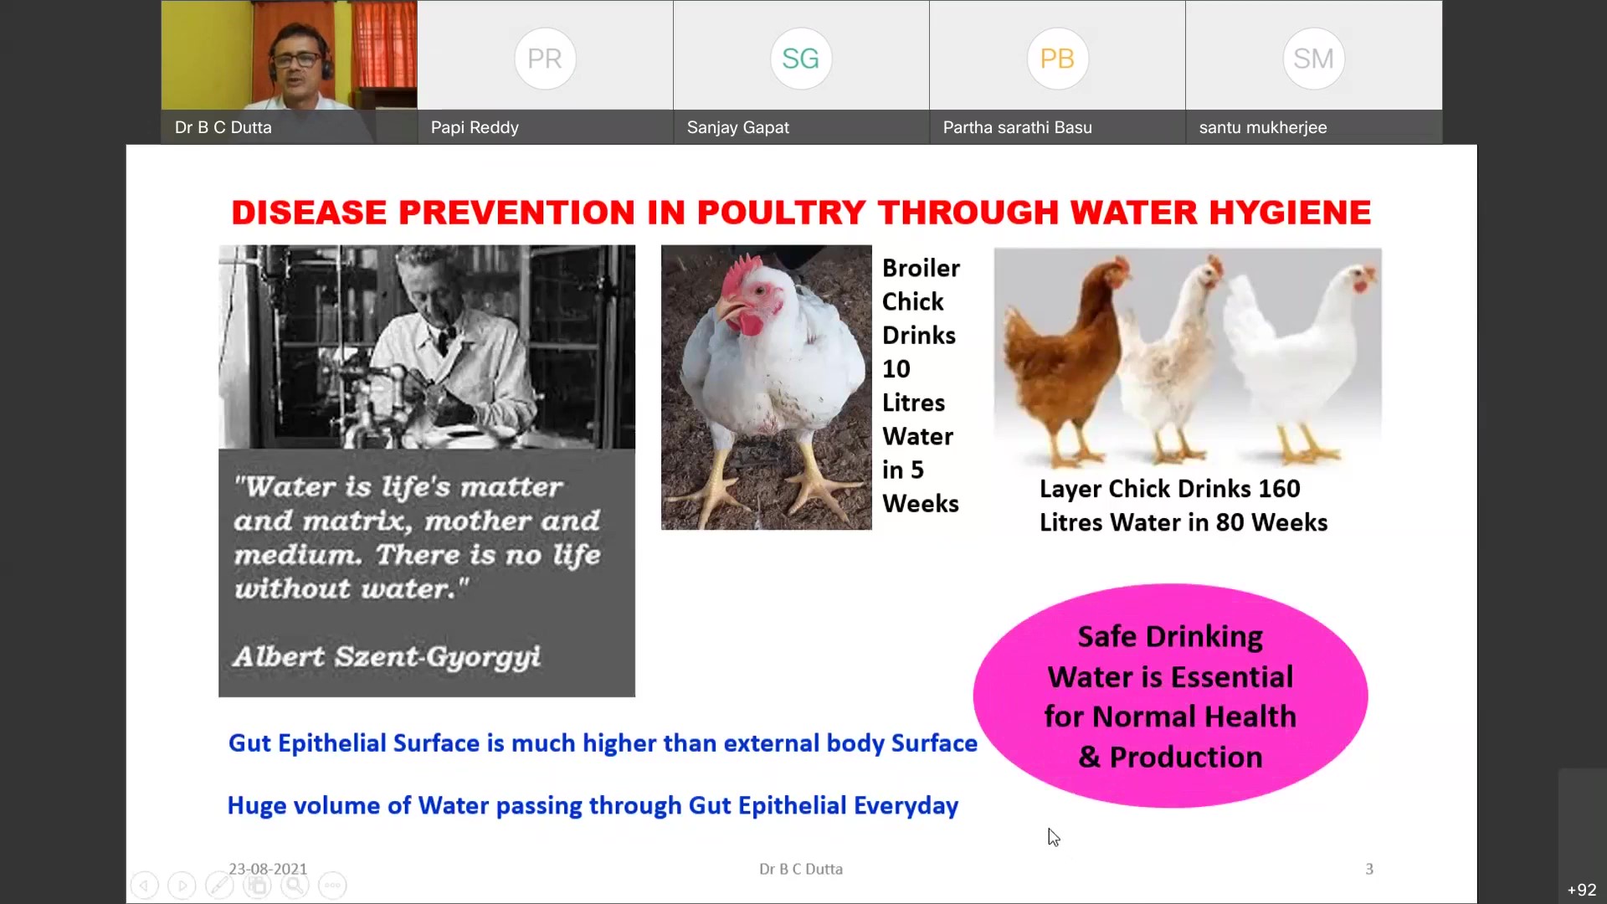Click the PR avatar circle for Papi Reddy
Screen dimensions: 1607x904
click(545, 59)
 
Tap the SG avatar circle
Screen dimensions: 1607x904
click(801, 59)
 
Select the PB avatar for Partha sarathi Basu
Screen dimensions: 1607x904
click(1057, 59)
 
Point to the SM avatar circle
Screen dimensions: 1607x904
click(1313, 59)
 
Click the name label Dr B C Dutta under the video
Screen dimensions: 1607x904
click(223, 127)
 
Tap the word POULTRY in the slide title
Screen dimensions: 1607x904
click(781, 213)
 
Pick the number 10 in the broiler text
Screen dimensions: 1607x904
click(896, 369)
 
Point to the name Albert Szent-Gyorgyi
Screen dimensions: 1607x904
click(387, 657)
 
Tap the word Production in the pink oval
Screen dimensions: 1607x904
click(1186, 757)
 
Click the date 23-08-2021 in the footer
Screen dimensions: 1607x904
click(268, 869)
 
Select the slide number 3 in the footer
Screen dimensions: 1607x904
click(1369, 869)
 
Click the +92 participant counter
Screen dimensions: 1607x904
click(1582, 890)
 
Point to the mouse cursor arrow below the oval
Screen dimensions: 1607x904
click(1054, 837)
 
